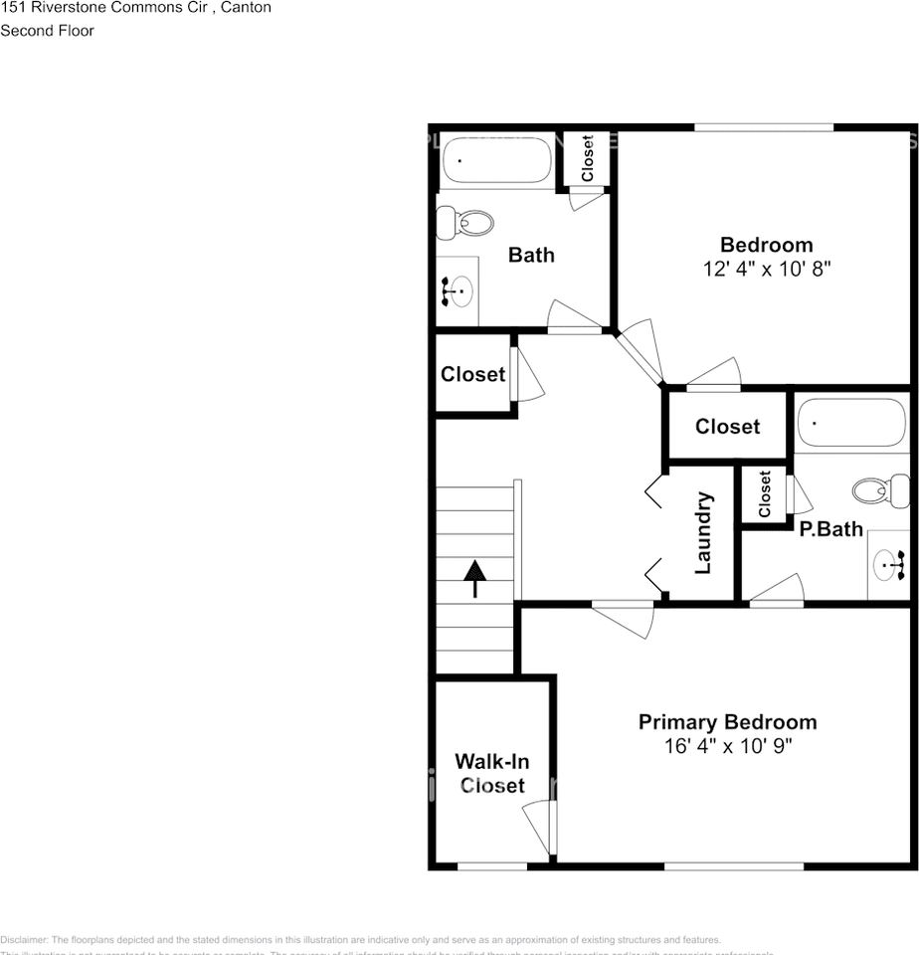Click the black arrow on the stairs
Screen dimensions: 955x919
475,578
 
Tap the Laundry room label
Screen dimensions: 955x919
703,532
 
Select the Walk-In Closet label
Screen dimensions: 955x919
491,774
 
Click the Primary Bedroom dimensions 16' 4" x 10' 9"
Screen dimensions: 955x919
727,745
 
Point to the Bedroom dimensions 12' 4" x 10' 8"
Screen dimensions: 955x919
766,268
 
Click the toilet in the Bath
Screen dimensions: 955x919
466,222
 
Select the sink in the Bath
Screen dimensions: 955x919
458,290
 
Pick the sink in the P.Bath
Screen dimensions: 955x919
889,565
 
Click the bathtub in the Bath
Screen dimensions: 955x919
495,160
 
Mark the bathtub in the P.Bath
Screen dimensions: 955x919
852,423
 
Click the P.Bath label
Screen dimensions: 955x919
830,529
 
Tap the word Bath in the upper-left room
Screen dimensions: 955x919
531,255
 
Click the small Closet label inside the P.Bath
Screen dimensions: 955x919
765,494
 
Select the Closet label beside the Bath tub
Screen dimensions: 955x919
588,158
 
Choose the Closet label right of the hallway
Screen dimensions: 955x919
727,427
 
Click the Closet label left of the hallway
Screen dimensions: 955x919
472,375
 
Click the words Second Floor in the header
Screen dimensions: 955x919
47,31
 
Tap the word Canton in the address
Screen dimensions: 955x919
245,8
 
